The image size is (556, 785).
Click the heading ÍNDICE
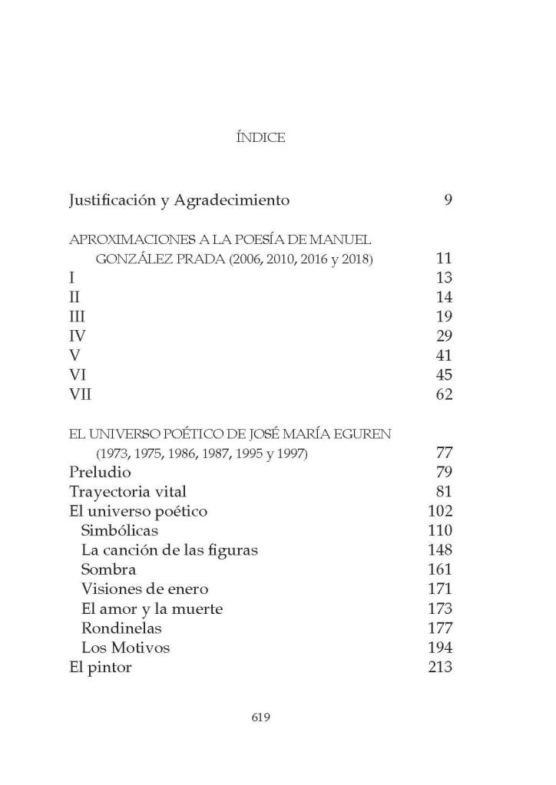(x=263, y=138)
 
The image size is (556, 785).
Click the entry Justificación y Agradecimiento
(x=179, y=201)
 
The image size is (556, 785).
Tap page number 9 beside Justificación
(x=448, y=201)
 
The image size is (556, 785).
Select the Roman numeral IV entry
(x=77, y=336)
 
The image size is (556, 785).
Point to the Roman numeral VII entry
(x=81, y=395)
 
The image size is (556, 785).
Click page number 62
(x=443, y=395)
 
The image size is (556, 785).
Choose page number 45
(x=443, y=375)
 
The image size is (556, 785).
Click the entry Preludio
(x=100, y=472)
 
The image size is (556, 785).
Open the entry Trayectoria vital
(x=127, y=491)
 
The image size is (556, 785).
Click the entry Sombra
(x=108, y=570)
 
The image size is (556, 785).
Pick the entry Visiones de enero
(x=144, y=589)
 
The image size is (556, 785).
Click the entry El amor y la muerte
(x=151, y=609)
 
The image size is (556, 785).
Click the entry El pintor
(x=101, y=668)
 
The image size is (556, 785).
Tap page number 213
(x=439, y=668)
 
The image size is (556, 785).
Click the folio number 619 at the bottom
(x=262, y=717)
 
